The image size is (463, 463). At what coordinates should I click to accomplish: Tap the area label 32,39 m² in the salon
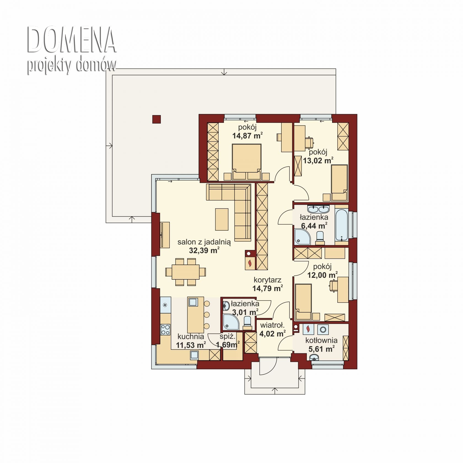point(204,250)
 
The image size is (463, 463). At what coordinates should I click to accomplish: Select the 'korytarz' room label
point(267,280)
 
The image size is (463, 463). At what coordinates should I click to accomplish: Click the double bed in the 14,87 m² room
point(247,162)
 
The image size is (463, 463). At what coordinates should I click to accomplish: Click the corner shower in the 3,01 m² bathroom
point(231,322)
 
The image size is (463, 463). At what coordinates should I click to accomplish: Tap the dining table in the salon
point(185,272)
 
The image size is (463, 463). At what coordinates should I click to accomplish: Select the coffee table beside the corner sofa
point(222,219)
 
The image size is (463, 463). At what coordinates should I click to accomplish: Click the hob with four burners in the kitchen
point(165,329)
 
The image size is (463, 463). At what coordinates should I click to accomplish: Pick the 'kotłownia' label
point(321,340)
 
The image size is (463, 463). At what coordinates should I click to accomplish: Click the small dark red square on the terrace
point(157,119)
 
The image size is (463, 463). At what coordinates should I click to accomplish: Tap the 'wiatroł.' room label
point(272,325)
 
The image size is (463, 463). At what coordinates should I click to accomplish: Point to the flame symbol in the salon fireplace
point(250,263)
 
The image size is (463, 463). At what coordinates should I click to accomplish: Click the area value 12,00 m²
point(322,275)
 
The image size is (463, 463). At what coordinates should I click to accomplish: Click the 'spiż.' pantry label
point(228,336)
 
